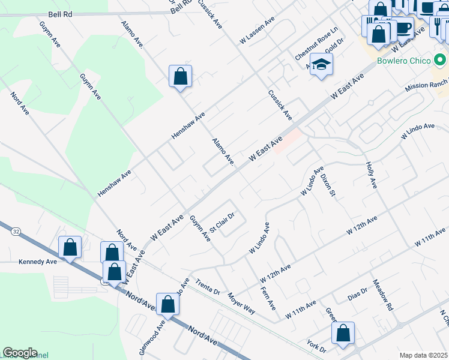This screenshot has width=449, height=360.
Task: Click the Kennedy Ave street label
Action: coord(37,262)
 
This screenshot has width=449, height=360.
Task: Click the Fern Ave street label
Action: coord(268,298)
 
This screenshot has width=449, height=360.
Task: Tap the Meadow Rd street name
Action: coord(382,295)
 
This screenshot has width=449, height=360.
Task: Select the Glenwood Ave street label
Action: coord(152,340)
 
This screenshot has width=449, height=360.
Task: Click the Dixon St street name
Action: coord(327,185)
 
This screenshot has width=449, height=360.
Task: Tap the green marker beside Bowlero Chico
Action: coord(440,61)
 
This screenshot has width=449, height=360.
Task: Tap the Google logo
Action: coord(20,353)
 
